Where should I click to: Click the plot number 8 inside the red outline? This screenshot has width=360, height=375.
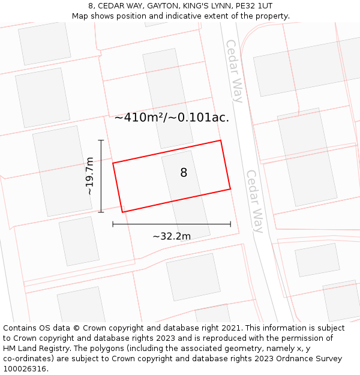pyautogui.click(x=184, y=173)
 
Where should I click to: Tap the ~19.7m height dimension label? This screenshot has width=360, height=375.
pyautogui.click(x=89, y=176)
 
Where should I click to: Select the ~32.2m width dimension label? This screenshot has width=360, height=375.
pyautogui.click(x=172, y=236)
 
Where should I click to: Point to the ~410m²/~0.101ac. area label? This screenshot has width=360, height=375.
pyautogui.click(x=172, y=118)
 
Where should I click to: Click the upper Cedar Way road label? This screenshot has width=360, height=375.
pyautogui.click(x=235, y=71)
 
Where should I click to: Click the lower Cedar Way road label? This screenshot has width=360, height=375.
pyautogui.click(x=255, y=202)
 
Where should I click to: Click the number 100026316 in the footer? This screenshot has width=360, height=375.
pyautogui.click(x=25, y=369)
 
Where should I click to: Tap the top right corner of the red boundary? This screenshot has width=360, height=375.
pyautogui.click(x=221, y=140)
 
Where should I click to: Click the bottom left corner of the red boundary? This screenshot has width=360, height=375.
pyautogui.click(x=122, y=212)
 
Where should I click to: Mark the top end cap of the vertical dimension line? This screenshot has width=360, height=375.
pyautogui.click(x=101, y=140)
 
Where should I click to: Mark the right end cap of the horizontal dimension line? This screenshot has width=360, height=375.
pyautogui.click(x=230, y=224)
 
